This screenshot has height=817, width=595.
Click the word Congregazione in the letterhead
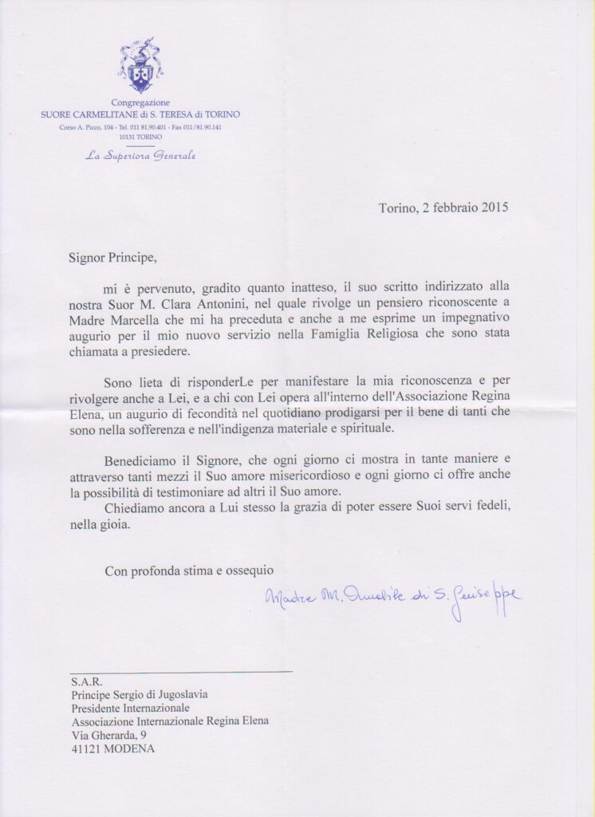click(140, 104)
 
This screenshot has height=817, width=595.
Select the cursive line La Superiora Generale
click(140, 155)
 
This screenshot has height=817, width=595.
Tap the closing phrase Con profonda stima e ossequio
click(189, 570)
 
